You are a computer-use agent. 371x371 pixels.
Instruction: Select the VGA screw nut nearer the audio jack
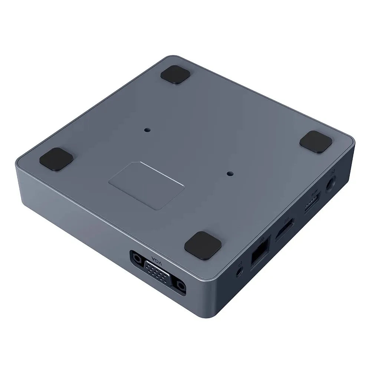tap(181, 286)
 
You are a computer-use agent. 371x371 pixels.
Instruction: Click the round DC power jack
tap(331, 184)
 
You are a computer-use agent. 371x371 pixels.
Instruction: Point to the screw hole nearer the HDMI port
tap(230, 173)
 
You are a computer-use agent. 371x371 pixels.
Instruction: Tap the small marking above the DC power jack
tap(334, 171)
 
